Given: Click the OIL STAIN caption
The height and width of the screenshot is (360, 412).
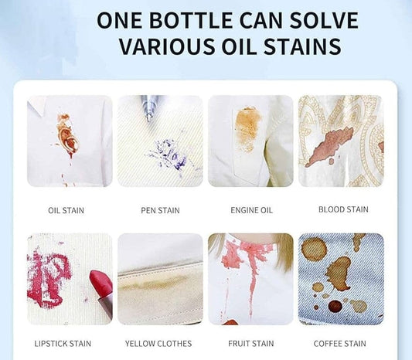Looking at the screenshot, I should point(66,210).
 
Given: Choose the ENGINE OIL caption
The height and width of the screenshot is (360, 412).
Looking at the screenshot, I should point(250,210).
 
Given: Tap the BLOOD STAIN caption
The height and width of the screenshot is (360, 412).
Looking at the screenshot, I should point(343,209).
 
